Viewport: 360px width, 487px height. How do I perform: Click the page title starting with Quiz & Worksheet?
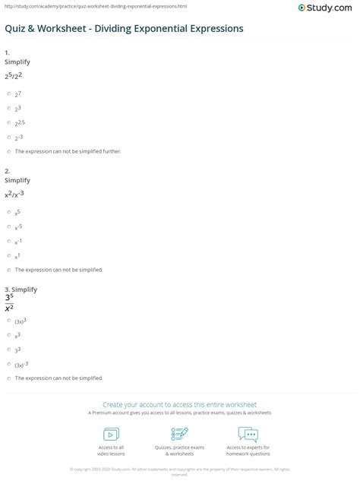[x=124, y=28]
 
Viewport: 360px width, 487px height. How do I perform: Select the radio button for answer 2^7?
[x=8, y=93]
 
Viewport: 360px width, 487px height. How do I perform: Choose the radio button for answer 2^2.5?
[x=8, y=122]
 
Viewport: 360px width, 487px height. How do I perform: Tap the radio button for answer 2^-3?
[x=8, y=137]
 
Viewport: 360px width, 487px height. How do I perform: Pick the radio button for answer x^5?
[x=8, y=213]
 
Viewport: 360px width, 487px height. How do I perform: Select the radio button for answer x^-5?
[x=8, y=227]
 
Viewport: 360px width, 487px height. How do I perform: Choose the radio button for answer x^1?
[x=8, y=256]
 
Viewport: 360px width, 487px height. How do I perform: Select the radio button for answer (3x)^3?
[x=8, y=320]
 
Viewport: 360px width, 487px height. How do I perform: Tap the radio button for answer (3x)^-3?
[x=8, y=363]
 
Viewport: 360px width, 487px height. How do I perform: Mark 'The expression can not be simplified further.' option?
[x=8, y=151]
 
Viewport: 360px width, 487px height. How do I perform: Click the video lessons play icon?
[x=111, y=434]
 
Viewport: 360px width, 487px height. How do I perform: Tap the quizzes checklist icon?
[x=179, y=434]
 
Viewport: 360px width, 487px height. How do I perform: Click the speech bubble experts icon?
[x=248, y=434]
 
